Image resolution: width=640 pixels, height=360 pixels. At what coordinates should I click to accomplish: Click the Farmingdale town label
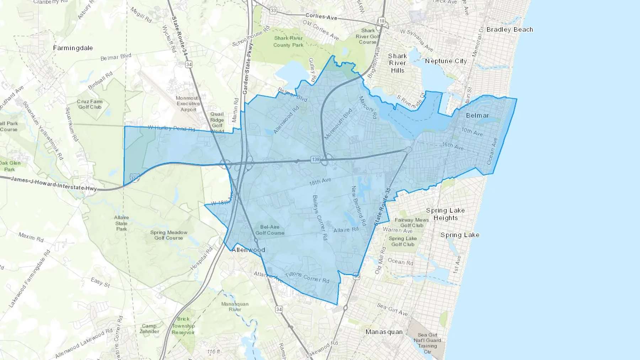(73, 48)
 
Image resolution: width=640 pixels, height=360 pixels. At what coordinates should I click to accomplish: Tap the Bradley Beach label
(510, 30)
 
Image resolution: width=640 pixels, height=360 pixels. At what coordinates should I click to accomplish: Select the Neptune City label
(446, 61)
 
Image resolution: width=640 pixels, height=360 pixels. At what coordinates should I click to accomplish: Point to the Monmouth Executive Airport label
(188, 104)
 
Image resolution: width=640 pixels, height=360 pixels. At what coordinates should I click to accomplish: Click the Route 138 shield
(315, 159)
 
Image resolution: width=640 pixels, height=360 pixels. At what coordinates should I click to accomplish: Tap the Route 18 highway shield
(382, 21)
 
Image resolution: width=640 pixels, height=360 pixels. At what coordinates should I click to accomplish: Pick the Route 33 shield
(273, 11)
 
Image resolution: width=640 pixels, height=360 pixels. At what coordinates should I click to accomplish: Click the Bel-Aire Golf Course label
(270, 230)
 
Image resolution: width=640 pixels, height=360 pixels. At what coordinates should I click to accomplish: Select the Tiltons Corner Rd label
(307, 277)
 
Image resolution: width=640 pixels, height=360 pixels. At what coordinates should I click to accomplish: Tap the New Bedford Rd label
(358, 206)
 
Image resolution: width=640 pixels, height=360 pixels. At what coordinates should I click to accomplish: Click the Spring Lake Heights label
(446, 214)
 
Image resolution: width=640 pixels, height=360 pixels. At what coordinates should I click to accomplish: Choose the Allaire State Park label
(121, 223)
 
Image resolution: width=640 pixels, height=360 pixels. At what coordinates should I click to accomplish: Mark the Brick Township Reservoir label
(183, 326)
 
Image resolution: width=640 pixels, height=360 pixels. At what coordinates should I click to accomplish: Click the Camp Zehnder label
(149, 329)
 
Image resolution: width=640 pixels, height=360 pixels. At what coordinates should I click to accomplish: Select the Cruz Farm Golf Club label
(90, 104)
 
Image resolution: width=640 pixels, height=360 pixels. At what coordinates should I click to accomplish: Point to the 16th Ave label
(453, 146)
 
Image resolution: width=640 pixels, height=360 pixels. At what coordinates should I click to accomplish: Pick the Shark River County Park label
(288, 42)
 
